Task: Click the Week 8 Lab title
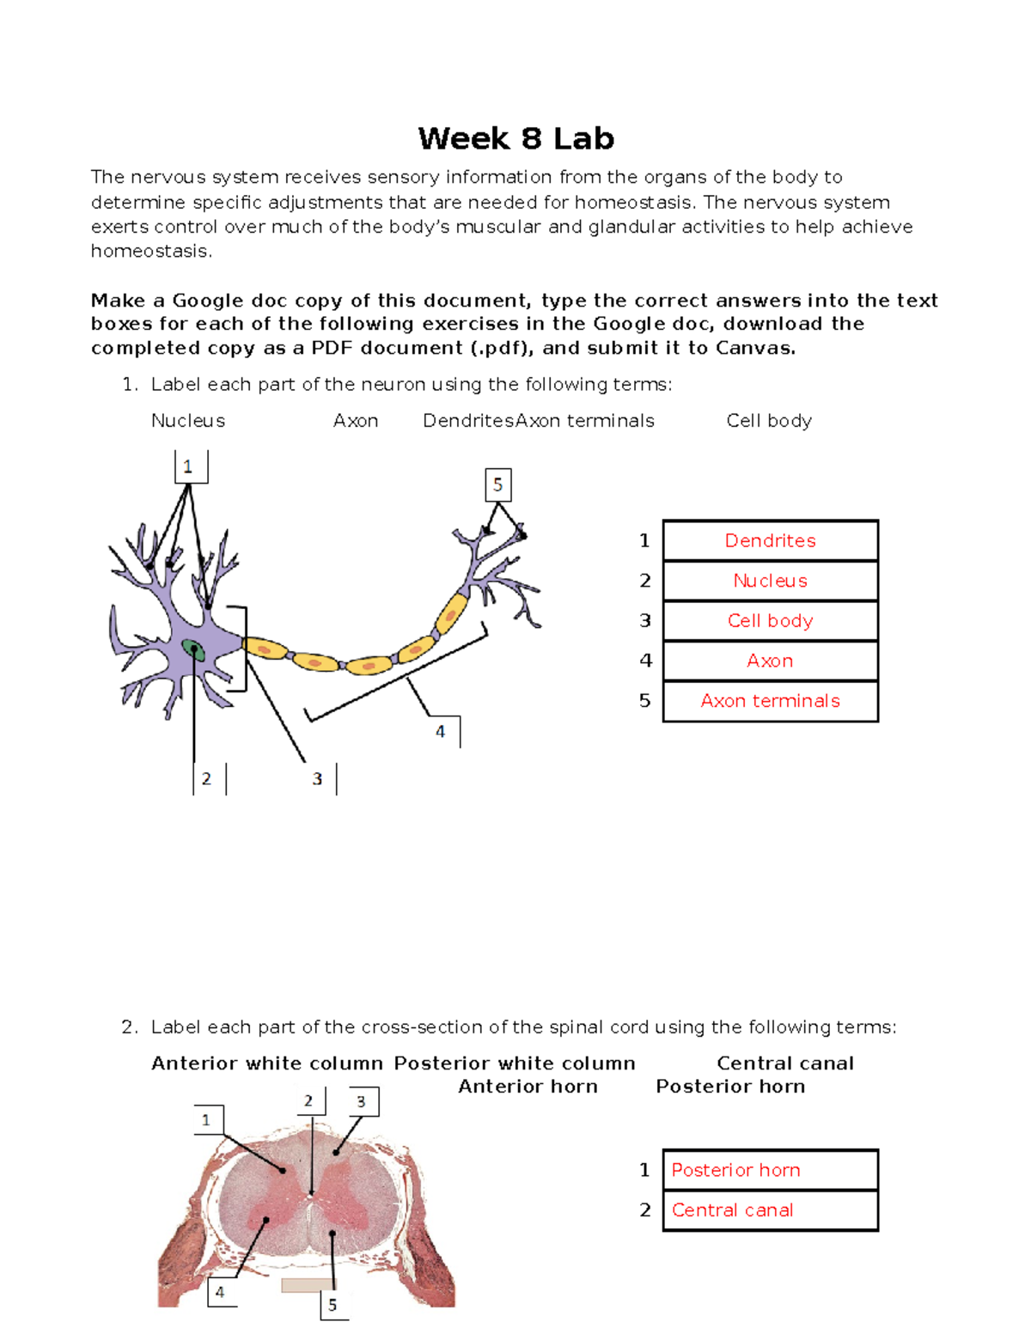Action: point(515,138)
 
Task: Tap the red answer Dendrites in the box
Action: point(770,540)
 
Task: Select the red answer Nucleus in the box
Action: point(770,581)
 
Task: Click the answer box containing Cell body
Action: point(770,620)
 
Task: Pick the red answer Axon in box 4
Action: point(770,661)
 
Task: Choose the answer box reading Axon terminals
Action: point(770,701)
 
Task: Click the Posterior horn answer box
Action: point(770,1170)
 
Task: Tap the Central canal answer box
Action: point(770,1210)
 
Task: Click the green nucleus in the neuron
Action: point(194,649)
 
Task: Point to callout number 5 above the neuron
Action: point(497,485)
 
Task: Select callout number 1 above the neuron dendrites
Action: point(188,467)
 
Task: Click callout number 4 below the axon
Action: point(441,732)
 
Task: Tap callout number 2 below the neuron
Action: point(207,779)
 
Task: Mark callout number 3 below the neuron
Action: point(317,779)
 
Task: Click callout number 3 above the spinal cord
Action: point(361,1101)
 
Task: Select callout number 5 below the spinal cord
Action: point(332,1305)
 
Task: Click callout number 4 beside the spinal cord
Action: point(220,1292)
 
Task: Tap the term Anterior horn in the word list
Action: point(528,1087)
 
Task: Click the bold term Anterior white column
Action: point(266,1063)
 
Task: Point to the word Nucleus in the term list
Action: point(188,421)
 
